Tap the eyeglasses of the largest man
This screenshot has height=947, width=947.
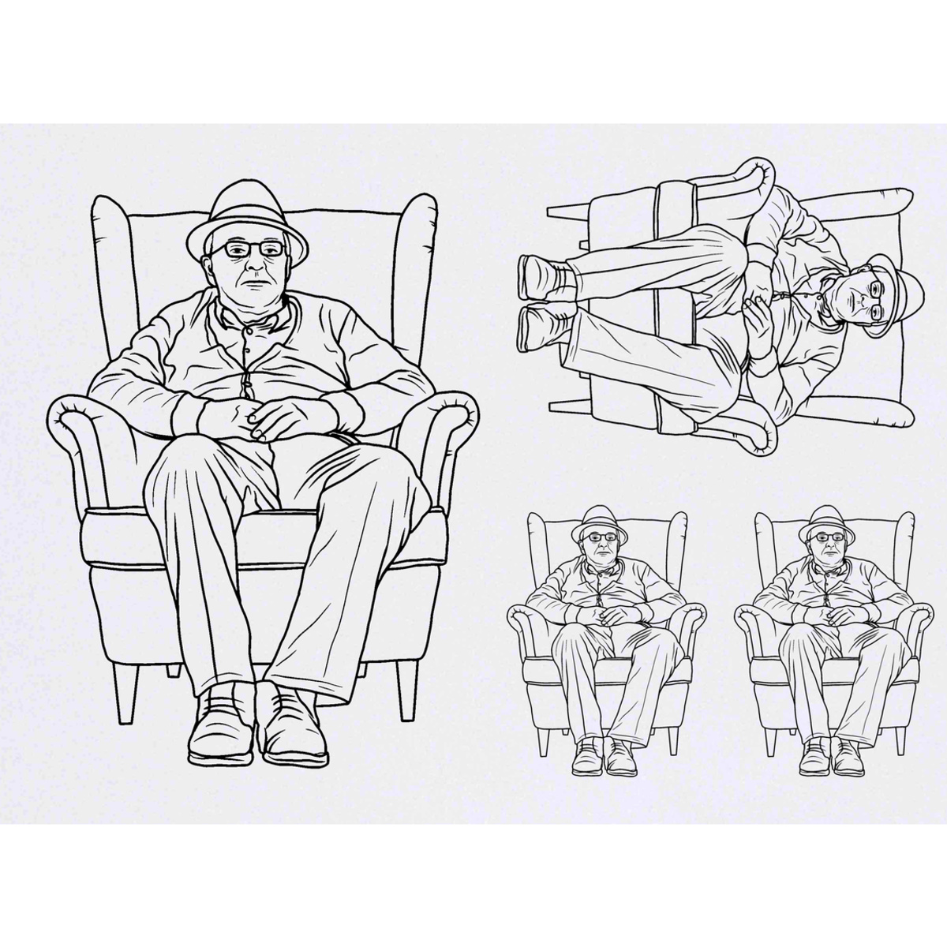[x=246, y=249]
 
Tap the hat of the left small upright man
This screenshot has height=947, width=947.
[x=600, y=521]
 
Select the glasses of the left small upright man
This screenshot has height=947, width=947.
[x=603, y=537]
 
